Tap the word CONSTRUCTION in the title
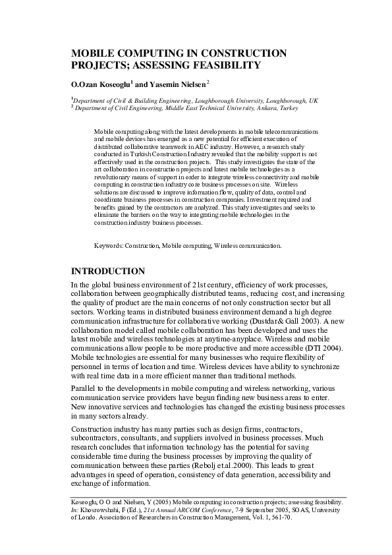(238, 52)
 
